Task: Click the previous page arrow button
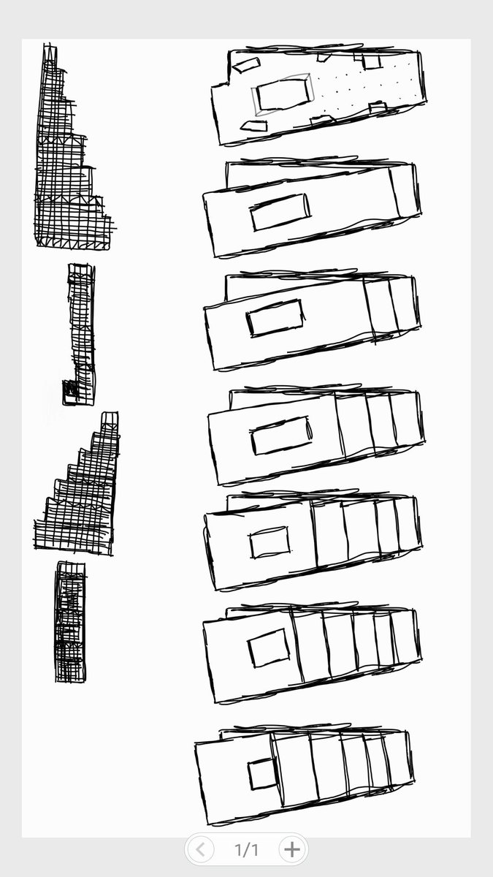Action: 200,849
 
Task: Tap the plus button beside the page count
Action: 291,849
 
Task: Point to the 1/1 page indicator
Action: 246,849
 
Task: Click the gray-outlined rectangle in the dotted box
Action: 283,95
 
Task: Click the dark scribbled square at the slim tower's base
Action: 70,390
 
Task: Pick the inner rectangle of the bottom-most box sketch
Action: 261,774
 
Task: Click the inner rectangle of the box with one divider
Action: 280,212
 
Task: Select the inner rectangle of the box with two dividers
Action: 275,318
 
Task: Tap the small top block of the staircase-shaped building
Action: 110,421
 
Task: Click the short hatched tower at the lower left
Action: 70,621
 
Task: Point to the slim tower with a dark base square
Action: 81,329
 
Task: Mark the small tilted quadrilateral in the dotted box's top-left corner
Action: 246,66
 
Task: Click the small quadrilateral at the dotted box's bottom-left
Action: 253,126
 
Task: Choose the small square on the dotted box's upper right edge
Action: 372,62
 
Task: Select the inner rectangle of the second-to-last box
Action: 268,648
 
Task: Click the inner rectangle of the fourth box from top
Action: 281,436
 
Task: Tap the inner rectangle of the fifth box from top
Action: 270,542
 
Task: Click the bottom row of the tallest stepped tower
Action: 73,238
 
